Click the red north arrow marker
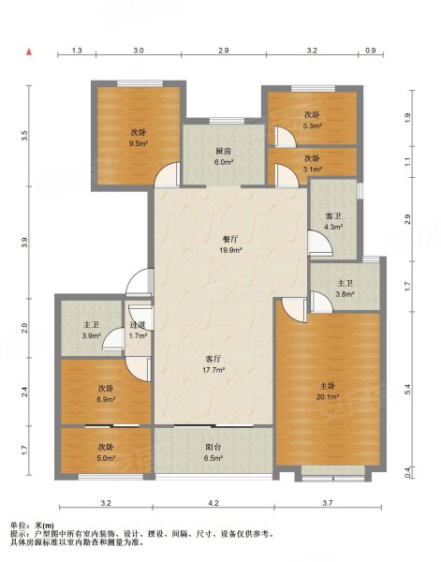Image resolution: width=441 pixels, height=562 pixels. pos(29,52)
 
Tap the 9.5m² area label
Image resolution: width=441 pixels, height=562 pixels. pos(139,143)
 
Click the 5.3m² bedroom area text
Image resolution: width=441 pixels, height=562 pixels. pos(312,126)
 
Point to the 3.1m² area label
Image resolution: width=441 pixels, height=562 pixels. pos(312,170)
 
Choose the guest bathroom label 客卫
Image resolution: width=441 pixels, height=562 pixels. pos(333,216)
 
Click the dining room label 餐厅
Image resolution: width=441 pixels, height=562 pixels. pos(230,239)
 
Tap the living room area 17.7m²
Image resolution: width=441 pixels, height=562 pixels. pos(213,370)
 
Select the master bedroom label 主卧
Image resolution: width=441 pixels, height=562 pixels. pos(328,386)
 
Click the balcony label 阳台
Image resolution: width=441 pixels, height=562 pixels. pos(213,448)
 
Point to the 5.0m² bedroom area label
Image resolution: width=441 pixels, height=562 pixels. pos(106,458)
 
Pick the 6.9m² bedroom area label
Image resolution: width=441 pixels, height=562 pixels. pos(106,399)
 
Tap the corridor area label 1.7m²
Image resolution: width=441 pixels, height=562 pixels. pos(139,336)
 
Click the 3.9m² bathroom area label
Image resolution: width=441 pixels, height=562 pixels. pos(92,336)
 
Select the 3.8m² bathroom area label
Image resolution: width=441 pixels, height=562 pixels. pos(345,294)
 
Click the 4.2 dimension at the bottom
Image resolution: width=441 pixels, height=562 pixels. pos(213,503)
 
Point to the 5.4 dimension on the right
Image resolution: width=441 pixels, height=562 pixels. pos(407,390)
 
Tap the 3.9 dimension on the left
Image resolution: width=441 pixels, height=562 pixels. pos(24,243)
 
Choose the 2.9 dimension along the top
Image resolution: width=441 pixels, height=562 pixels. pos(224,51)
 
